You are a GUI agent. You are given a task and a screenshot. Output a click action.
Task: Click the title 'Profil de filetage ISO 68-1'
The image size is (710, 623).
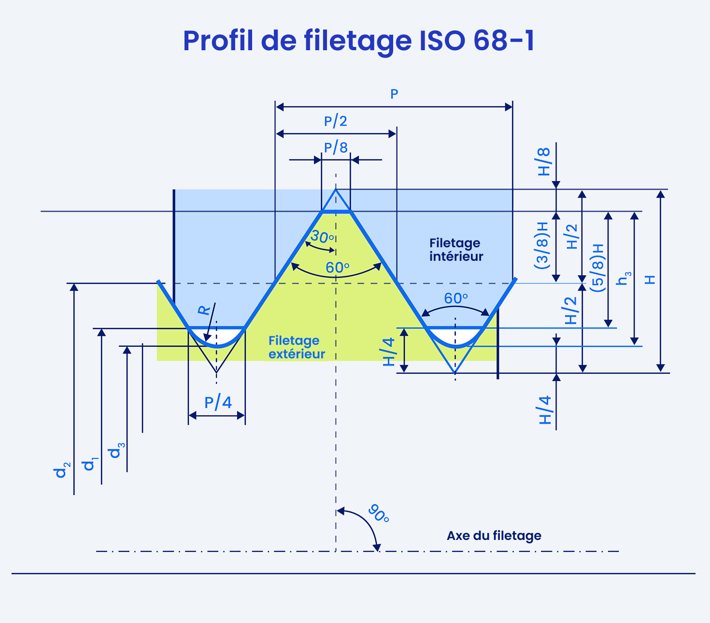(358, 42)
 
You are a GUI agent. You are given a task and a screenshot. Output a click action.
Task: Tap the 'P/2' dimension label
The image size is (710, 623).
(335, 121)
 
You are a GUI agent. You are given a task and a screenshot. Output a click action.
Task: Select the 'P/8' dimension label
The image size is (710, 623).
(335, 147)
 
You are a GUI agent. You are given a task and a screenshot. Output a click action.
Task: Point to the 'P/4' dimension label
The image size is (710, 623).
(218, 403)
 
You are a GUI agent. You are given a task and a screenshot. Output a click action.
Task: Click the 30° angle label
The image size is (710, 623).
(322, 237)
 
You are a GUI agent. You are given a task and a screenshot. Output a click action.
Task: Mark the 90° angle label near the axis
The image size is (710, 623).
(379, 513)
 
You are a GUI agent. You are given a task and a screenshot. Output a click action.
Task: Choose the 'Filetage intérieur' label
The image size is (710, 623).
(456, 250)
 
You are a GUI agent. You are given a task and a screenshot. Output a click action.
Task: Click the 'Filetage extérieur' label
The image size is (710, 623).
(297, 347)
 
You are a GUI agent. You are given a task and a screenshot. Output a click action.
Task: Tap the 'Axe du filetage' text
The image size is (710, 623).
(494, 536)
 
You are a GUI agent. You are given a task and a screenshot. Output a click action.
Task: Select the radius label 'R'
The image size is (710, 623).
(204, 310)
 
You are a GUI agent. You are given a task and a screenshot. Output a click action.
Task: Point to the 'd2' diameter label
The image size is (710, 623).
(62, 470)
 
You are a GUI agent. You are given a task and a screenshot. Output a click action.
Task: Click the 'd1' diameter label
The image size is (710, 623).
(90, 464)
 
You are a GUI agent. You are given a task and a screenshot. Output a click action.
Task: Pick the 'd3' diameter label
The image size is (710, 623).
(117, 451)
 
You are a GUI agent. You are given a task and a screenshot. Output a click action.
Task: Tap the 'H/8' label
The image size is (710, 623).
(544, 162)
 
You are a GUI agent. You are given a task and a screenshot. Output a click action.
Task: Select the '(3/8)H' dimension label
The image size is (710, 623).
(541, 245)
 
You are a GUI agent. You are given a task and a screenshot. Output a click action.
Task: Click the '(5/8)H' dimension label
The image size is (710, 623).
(597, 268)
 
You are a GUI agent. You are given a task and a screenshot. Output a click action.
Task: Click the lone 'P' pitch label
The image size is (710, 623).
(394, 94)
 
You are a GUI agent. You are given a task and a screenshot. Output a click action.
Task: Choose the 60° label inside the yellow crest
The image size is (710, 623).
(338, 268)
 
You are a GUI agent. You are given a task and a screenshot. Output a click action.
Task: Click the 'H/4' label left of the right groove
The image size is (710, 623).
(389, 352)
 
